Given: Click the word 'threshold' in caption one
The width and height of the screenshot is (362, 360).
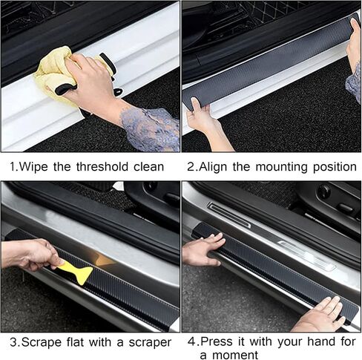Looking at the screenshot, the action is coord(102,166).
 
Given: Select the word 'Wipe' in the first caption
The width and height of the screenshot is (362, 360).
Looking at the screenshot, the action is coord(33,166).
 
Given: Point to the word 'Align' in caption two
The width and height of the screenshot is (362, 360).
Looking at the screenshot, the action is coord(213,167).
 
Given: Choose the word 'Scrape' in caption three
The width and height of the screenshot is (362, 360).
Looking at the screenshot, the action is coord(42,342).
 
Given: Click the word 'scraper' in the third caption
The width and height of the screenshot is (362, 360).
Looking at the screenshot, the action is coord(150,343).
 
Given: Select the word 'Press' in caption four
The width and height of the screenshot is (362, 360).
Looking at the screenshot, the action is coord(216,341).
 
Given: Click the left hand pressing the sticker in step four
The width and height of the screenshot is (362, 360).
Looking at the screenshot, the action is coord(202,250).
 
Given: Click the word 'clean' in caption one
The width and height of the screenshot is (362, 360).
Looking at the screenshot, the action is coord(149,166).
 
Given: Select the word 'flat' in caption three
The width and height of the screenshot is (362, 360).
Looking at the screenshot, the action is coord(75,342).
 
